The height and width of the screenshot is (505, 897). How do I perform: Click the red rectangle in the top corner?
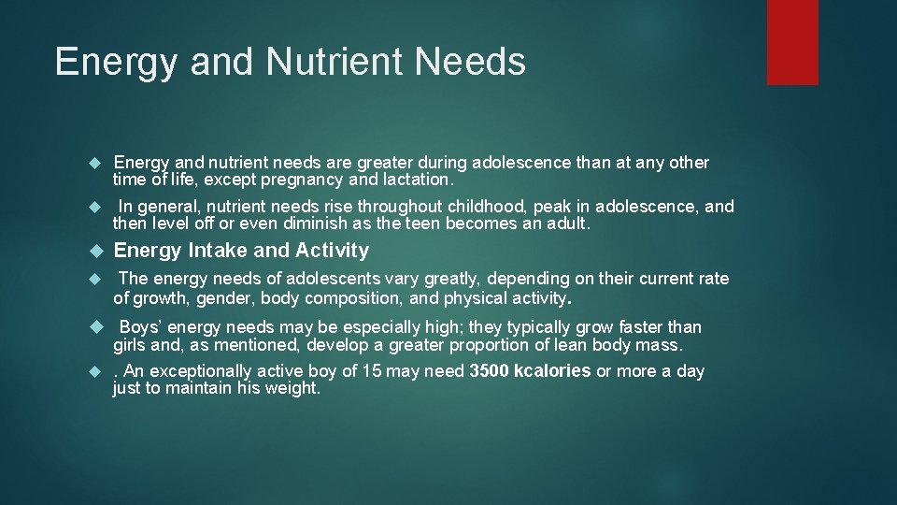[792, 42]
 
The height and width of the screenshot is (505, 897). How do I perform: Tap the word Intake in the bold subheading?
[218, 251]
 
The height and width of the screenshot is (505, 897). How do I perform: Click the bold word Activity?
[332, 251]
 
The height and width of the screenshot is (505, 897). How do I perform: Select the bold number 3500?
[489, 371]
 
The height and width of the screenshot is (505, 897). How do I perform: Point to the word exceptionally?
[199, 371]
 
